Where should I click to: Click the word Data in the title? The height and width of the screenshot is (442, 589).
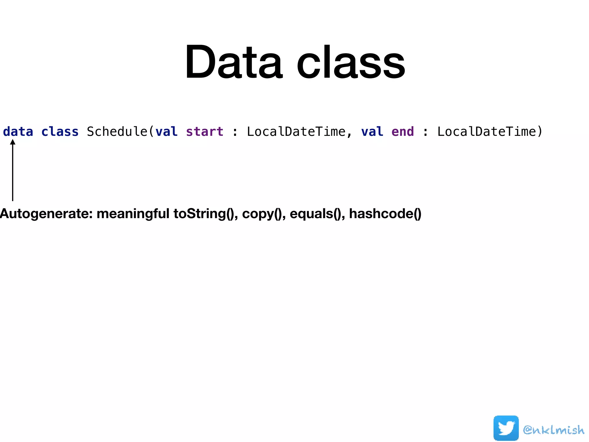tap(234, 62)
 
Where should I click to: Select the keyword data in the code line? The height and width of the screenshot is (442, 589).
tap(18, 132)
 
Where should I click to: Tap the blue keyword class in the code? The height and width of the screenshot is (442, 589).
tap(60, 132)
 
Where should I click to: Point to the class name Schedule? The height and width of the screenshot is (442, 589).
tap(117, 132)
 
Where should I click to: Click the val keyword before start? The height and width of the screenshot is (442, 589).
tap(167, 132)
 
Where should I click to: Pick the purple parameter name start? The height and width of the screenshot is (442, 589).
tap(204, 132)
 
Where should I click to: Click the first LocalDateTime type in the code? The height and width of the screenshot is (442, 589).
tap(296, 132)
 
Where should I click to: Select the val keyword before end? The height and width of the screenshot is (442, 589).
tap(372, 132)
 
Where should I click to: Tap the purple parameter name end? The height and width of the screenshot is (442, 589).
tap(403, 132)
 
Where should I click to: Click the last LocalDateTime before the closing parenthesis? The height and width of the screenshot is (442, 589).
tap(487, 132)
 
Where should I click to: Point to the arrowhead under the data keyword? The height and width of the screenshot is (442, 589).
tap(13, 142)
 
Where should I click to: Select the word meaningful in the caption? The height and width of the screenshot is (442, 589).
tap(133, 214)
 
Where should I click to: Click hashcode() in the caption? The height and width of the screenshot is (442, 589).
tap(385, 214)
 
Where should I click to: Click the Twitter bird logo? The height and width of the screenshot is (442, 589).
tap(506, 428)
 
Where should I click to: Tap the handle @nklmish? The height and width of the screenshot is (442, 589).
tap(554, 430)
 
